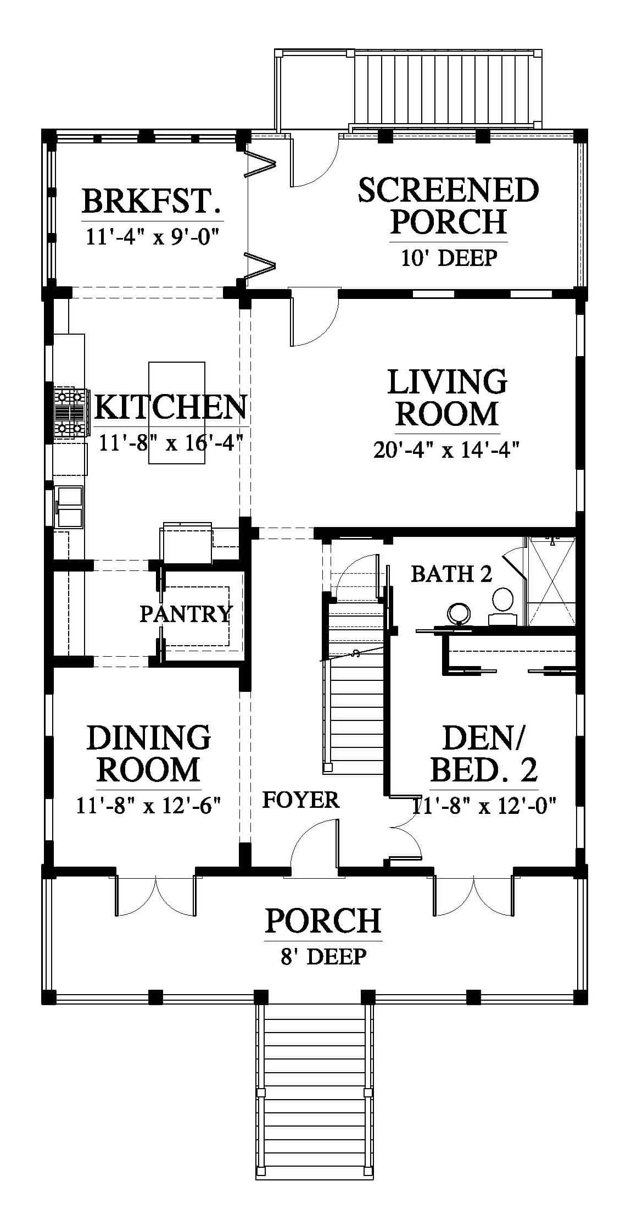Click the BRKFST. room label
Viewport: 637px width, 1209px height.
(152, 201)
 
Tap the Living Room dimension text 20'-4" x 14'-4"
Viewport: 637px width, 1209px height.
(446, 450)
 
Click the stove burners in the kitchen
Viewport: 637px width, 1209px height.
(69, 413)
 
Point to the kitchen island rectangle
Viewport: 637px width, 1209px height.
(177, 413)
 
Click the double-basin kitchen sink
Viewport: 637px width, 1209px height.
(70, 506)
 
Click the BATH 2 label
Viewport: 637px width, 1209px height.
(451, 574)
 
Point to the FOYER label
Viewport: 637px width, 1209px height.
(301, 800)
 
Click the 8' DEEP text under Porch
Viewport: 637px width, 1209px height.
(323, 957)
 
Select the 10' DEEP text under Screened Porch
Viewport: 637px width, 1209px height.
(449, 257)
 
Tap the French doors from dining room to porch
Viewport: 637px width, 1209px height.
(155, 895)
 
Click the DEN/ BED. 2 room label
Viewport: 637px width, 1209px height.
(483, 753)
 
